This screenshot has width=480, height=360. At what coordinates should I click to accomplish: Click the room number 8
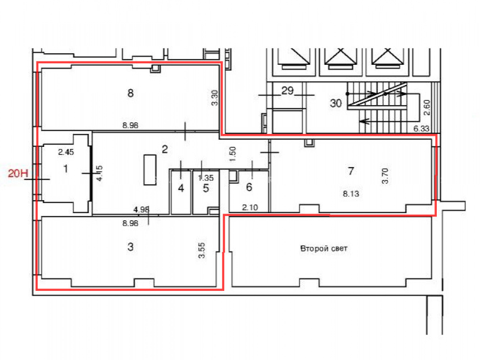131,93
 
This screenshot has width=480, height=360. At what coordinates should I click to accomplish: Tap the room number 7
351,171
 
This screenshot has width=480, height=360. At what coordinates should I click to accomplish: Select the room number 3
131,247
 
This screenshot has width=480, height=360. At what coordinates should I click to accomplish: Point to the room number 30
336,103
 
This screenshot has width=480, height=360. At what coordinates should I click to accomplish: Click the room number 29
288,91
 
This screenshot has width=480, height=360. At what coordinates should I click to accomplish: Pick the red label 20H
18,174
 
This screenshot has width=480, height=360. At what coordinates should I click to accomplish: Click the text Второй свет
324,248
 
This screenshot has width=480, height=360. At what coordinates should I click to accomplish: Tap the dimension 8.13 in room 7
351,194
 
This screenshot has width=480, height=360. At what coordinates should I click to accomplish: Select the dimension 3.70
385,176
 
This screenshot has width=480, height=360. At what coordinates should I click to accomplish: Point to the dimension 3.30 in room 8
215,97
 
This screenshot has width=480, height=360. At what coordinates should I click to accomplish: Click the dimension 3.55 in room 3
202,251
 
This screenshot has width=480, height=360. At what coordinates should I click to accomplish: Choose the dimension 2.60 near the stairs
427,108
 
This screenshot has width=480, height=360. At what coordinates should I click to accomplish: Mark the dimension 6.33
421,129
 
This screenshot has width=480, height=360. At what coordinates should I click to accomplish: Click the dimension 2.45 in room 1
66,152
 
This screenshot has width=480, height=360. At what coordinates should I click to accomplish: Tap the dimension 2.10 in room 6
250,207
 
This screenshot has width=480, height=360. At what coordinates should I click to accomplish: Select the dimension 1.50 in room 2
233,154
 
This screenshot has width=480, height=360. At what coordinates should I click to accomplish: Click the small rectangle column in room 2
150,170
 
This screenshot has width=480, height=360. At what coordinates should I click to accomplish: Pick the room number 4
181,188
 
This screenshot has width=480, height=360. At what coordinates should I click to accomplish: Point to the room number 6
249,187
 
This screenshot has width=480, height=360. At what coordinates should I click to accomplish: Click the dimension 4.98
142,210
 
